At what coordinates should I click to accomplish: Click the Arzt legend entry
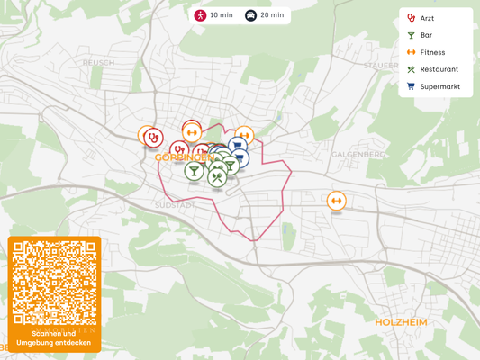point(427,18)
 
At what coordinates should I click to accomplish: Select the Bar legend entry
point(426,35)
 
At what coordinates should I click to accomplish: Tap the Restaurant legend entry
point(439,69)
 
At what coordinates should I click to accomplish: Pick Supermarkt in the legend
point(439,86)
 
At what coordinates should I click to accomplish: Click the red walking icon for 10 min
point(200,15)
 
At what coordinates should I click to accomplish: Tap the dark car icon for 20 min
point(250,15)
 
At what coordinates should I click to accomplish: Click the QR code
point(54,283)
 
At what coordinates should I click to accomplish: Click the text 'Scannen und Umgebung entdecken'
point(54,338)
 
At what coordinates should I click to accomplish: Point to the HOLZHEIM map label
point(400,321)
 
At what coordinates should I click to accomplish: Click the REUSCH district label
point(98,63)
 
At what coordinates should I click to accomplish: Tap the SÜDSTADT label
point(175,205)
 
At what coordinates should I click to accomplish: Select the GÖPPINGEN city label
point(185,157)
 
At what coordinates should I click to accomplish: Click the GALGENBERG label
point(358,154)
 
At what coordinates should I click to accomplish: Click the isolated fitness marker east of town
point(337,200)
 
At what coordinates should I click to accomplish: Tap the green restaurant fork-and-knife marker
point(217,177)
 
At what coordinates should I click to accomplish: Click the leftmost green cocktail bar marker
point(194,170)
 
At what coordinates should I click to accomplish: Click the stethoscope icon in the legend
point(412,18)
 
